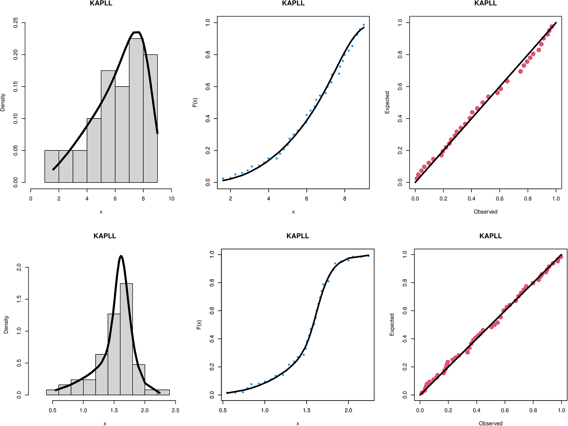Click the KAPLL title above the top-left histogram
[101, 3]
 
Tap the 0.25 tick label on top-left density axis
[16, 23]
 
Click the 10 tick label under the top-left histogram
[171, 199]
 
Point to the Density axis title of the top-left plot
[3, 103]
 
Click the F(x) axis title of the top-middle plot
[195, 103]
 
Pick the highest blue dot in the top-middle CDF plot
[364, 25]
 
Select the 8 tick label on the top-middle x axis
[345, 199]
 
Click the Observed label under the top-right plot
[486, 212]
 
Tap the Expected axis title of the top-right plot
[387, 103]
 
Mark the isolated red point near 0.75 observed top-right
[520, 71]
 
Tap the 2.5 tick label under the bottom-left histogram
[175, 410]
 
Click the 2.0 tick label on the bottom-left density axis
[19, 268]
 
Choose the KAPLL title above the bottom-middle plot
[298, 236]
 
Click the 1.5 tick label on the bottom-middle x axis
[307, 410]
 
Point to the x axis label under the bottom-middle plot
[298, 423]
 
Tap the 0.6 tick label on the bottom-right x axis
[505, 410]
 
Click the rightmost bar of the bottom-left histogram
[157, 392]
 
